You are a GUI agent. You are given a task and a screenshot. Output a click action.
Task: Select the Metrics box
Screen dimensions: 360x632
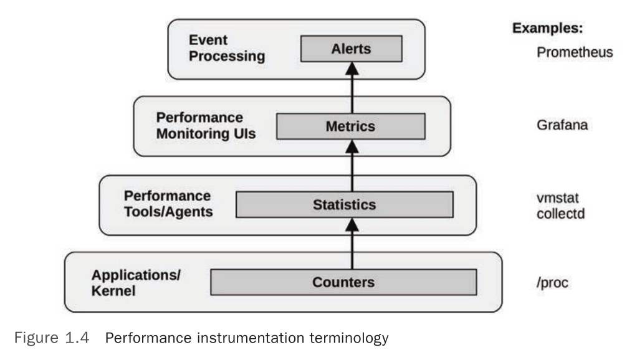point(350,126)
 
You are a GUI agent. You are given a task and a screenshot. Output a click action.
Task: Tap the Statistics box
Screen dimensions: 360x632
point(343,204)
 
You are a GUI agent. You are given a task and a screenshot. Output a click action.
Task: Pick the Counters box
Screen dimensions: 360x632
point(343,282)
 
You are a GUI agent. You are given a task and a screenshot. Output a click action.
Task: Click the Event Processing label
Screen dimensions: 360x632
point(227,49)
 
